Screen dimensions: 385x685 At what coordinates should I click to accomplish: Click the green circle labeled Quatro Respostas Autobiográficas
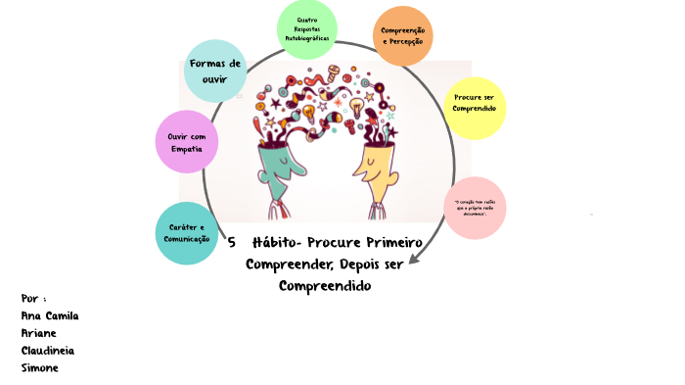click(307, 30)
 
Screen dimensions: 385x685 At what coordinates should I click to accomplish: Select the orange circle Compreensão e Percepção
click(403, 36)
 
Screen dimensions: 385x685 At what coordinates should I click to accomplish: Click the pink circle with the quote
click(476, 208)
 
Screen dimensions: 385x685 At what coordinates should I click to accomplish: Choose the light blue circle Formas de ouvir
click(215, 71)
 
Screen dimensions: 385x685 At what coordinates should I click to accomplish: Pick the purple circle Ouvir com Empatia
click(186, 142)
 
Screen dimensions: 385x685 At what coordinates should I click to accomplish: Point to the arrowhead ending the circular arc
click(414, 259)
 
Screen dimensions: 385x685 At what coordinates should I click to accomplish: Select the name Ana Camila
click(49, 315)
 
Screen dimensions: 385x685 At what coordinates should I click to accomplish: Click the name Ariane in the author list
click(40, 333)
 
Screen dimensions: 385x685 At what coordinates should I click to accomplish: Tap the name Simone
click(40, 367)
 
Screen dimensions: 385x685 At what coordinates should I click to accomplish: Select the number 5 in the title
click(232, 242)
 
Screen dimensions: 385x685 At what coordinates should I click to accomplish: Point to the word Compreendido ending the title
click(326, 286)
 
